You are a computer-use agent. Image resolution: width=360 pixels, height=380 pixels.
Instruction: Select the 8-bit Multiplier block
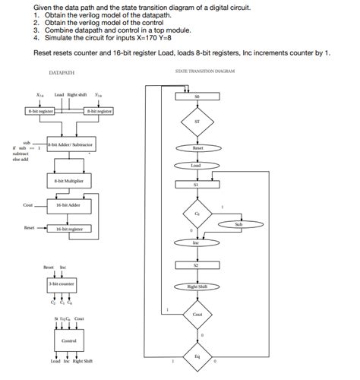pos(69,182)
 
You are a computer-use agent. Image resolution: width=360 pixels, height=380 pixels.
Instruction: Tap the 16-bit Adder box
pos(69,205)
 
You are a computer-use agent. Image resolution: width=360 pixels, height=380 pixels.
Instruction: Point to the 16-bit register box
pos(69,228)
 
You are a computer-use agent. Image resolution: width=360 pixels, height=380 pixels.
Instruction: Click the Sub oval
pos(238,225)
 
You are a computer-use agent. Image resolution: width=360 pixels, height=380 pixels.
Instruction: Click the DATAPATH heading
pos(61,74)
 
